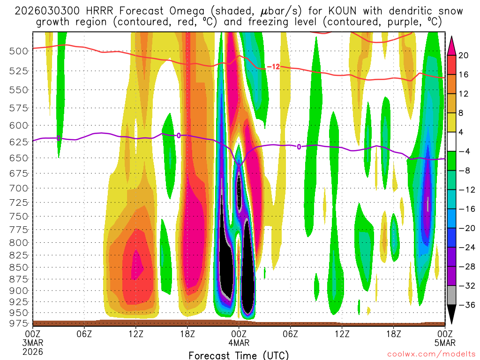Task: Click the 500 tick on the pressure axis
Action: (x=19, y=51)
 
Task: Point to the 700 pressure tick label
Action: (x=19, y=188)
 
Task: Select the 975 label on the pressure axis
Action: (x=19, y=323)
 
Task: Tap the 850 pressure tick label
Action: (x=19, y=267)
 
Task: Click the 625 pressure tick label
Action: (x=19, y=141)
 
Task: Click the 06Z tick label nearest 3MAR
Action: (x=84, y=333)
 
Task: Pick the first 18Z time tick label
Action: (x=187, y=333)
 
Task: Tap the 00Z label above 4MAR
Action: (x=239, y=333)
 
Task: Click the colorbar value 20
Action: (x=464, y=55)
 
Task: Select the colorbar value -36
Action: (x=465, y=305)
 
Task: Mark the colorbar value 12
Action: (x=464, y=94)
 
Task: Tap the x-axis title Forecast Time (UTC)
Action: (x=239, y=355)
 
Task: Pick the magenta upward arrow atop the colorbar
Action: (x=452, y=45)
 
